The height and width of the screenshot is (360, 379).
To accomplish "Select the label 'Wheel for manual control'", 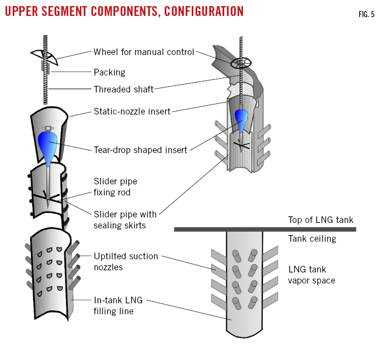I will [x=144, y=52].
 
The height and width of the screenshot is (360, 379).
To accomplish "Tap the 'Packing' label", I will [x=110, y=72].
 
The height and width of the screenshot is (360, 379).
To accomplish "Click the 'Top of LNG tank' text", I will [x=321, y=220].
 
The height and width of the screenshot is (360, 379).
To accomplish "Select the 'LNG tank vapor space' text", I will [x=312, y=275].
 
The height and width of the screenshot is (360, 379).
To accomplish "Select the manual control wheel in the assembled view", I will [x=241, y=63].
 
